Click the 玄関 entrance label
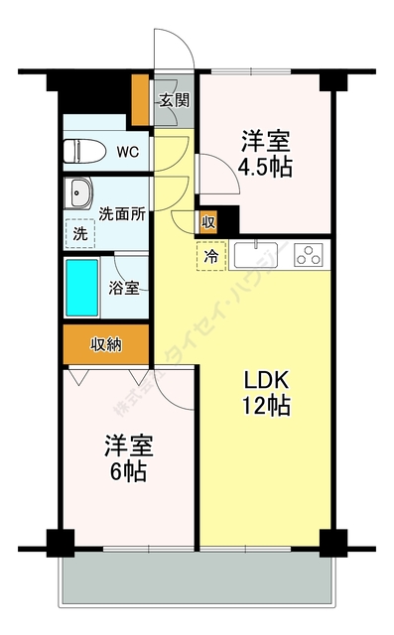pyautogui.click(x=176, y=99)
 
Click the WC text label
pyautogui.click(x=128, y=152)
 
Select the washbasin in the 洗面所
pyautogui.click(x=79, y=190)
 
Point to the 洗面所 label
pyautogui.click(x=123, y=213)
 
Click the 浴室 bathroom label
pyautogui.click(x=123, y=288)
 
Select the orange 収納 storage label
pyautogui.click(x=106, y=344)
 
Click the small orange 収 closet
pyautogui.click(x=207, y=222)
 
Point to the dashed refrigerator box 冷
pyautogui.click(x=211, y=257)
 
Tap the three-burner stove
pyautogui.click(x=310, y=255)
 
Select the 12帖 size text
pyautogui.click(x=267, y=406)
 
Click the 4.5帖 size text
pyautogui.click(x=265, y=168)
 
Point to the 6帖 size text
pyautogui.click(x=128, y=471)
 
